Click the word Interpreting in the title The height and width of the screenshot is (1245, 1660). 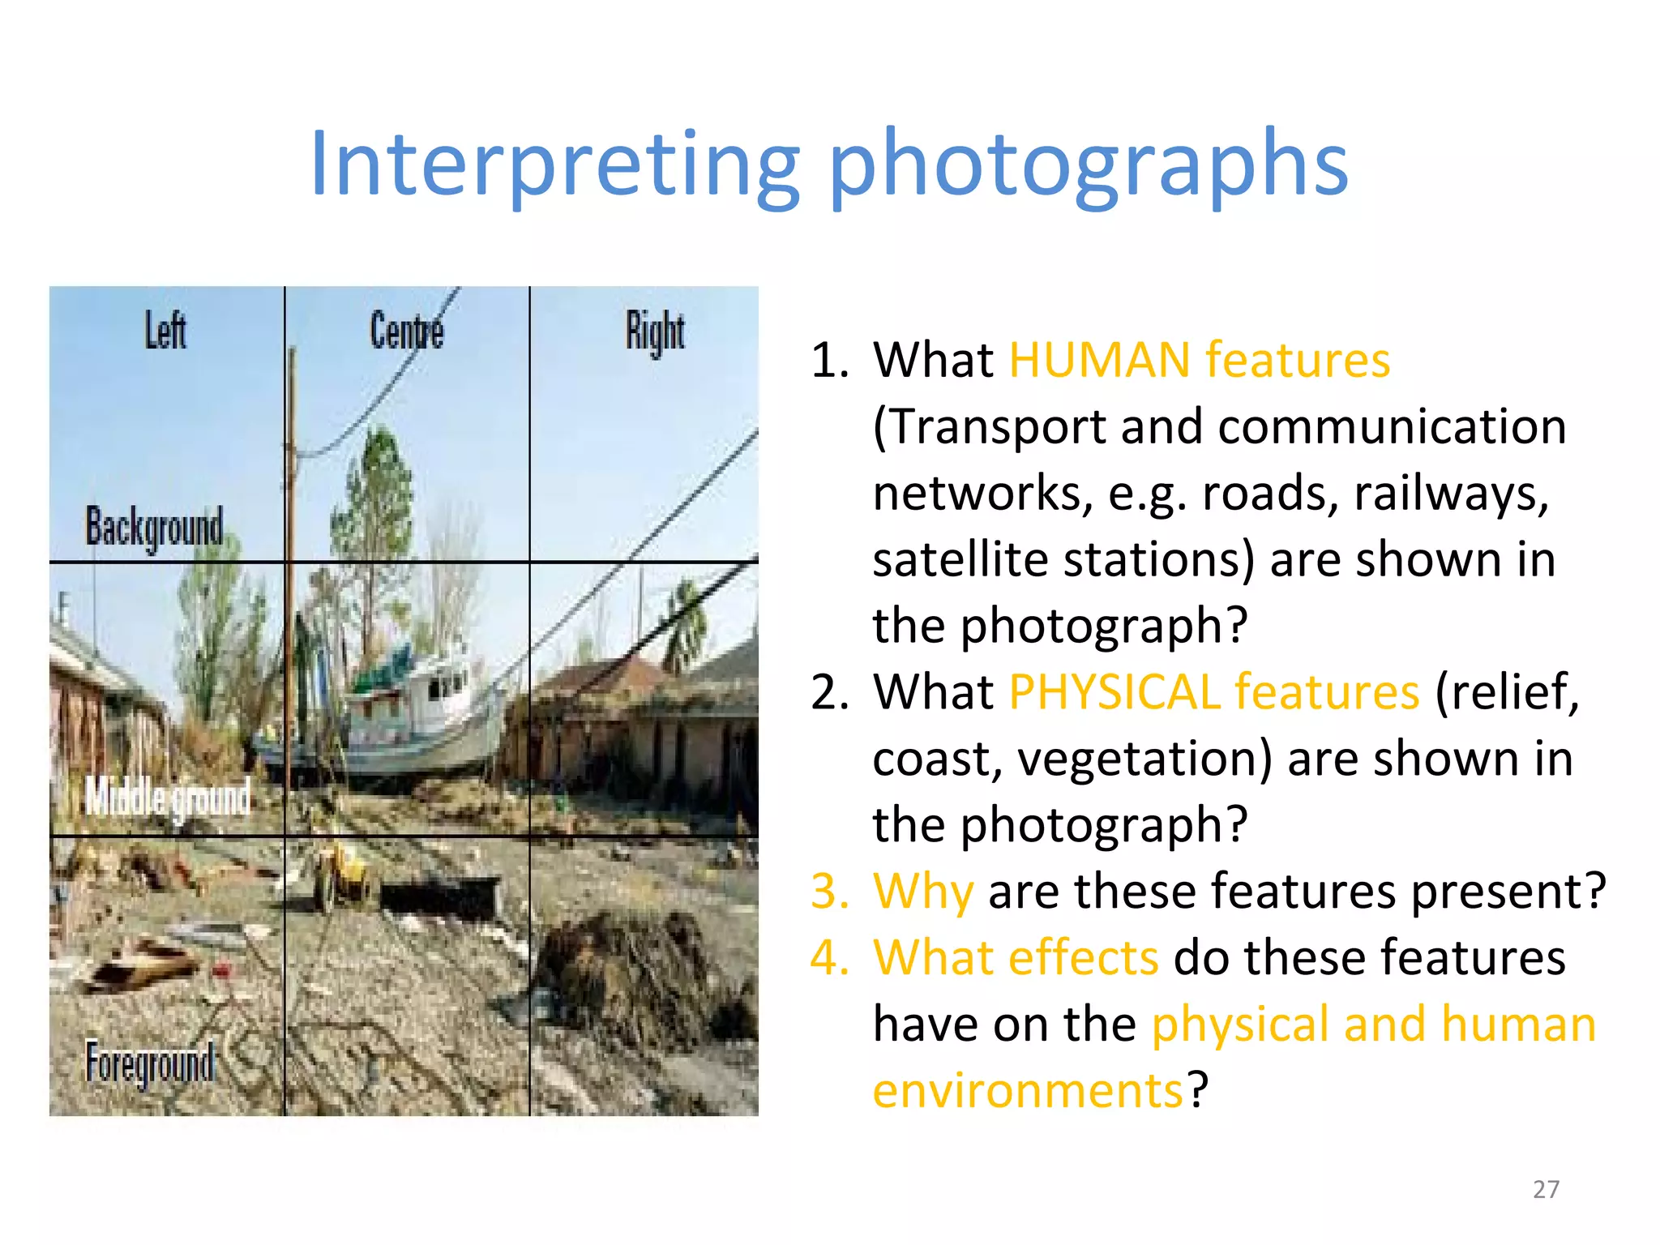click(x=554, y=165)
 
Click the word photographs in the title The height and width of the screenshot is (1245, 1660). click(x=1088, y=165)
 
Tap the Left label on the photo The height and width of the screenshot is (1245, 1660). click(x=165, y=330)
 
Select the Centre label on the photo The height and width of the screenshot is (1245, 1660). click(x=406, y=331)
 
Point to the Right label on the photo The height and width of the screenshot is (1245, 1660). click(x=655, y=332)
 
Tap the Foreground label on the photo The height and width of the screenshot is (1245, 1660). click(x=150, y=1063)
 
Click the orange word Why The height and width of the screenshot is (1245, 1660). click(x=922, y=892)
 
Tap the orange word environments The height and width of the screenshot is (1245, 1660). click(x=1028, y=1090)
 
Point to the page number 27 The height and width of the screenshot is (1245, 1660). click(x=1546, y=1189)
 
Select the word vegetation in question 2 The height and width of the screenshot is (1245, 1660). click(x=1144, y=759)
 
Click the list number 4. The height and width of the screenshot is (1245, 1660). click(x=828, y=958)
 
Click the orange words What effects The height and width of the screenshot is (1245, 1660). click(x=1015, y=958)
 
